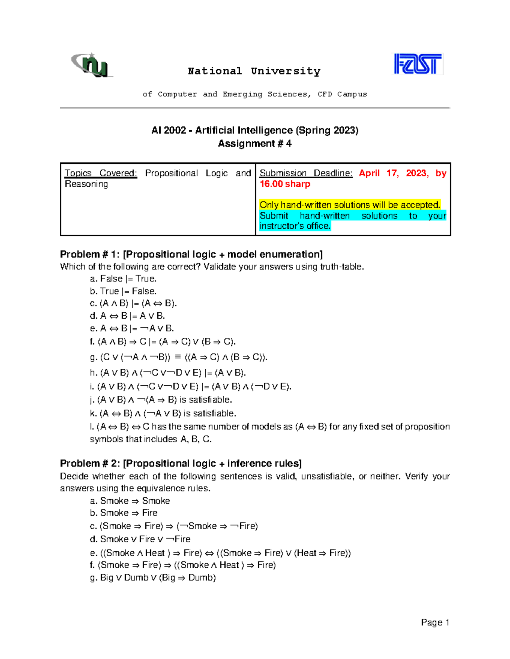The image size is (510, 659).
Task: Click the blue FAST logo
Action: tap(418, 64)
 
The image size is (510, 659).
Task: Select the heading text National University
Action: tap(254, 71)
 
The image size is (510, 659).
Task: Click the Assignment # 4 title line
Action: tap(255, 143)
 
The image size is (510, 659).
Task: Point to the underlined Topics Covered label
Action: tap(101, 173)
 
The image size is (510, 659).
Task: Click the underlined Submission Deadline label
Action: tap(306, 173)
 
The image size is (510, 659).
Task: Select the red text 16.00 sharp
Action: tap(285, 184)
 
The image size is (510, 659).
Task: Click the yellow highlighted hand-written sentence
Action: tap(350, 205)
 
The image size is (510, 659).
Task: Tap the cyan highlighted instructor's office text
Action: tap(295, 226)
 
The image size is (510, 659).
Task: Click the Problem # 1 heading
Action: tap(191, 254)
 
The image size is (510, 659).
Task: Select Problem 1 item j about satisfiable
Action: tap(161, 400)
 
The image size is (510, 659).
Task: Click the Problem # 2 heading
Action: tap(181, 463)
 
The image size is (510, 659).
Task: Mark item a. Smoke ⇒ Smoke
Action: tap(130, 501)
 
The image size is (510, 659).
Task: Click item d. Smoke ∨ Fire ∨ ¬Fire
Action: tap(140, 539)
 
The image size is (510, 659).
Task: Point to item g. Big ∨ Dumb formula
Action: tap(153, 578)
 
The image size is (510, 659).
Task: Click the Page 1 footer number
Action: tap(435, 623)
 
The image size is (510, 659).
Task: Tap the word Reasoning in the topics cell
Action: tap(86, 184)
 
